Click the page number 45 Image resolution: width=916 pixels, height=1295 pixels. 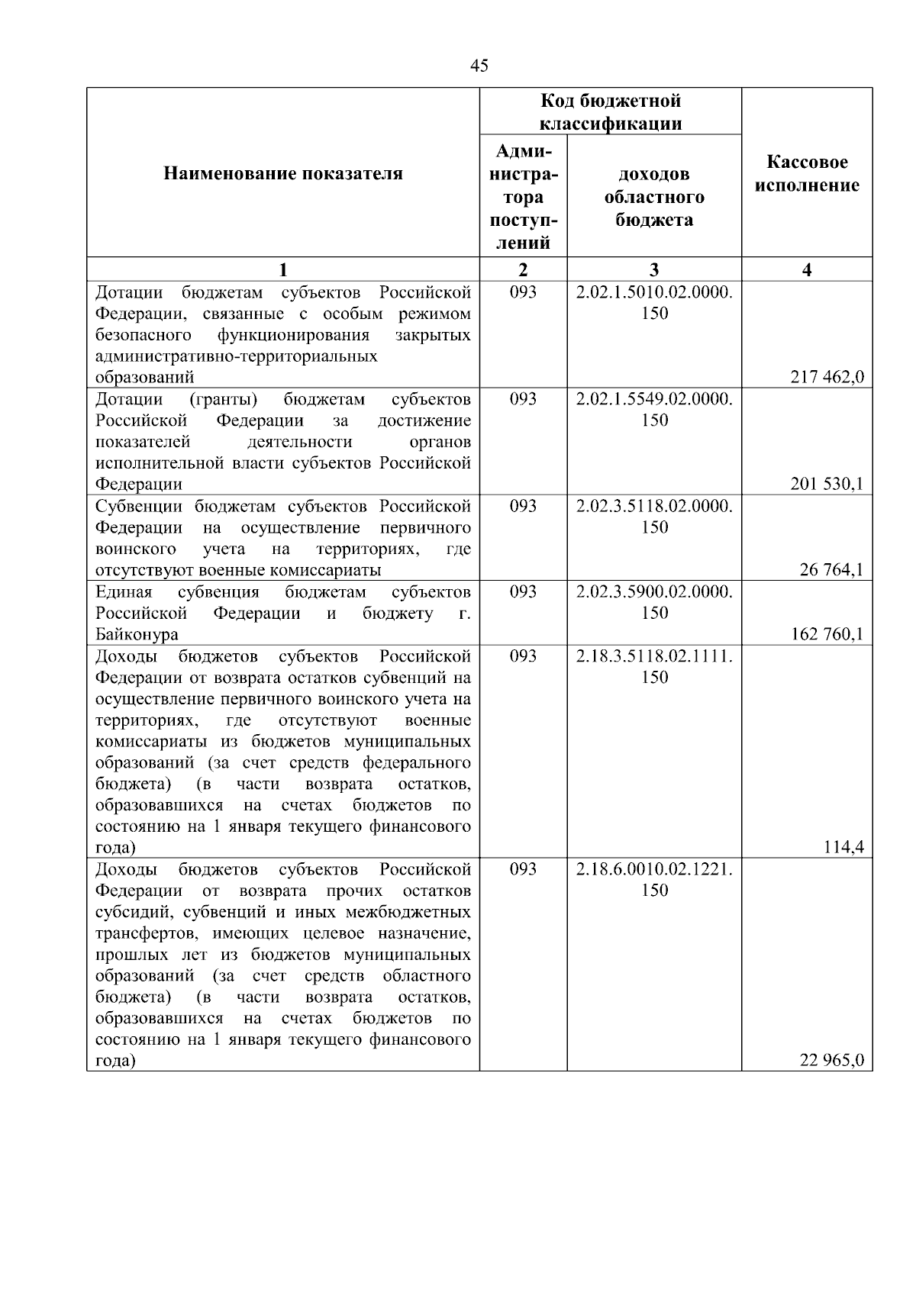tap(479, 66)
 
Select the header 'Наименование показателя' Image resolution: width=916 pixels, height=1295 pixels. tap(283, 174)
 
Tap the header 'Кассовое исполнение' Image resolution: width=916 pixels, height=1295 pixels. tap(807, 174)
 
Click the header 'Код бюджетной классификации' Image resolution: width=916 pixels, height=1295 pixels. tap(611, 112)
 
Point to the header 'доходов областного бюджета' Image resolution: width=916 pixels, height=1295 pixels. tap(654, 197)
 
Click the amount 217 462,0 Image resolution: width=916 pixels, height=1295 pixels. tap(827, 377)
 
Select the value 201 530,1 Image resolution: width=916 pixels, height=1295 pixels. tap(827, 484)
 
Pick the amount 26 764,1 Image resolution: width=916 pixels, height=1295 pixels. tap(832, 570)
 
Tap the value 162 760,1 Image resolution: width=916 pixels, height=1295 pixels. tap(827, 634)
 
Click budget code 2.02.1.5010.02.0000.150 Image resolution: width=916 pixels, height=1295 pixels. tap(654, 303)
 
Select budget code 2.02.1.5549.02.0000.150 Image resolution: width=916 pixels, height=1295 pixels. tap(654, 410)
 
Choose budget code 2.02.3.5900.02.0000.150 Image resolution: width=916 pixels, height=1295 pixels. tap(654, 602)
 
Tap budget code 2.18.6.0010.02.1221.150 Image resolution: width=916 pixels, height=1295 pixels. tap(654, 879)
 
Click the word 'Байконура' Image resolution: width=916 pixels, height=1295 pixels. tap(137, 635)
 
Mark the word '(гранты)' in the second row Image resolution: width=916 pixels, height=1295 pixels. tap(222, 399)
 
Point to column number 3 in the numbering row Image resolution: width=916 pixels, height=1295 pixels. tap(654, 269)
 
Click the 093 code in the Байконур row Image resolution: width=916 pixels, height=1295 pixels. tap(523, 592)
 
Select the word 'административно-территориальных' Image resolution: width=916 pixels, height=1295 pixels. tap(237, 356)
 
